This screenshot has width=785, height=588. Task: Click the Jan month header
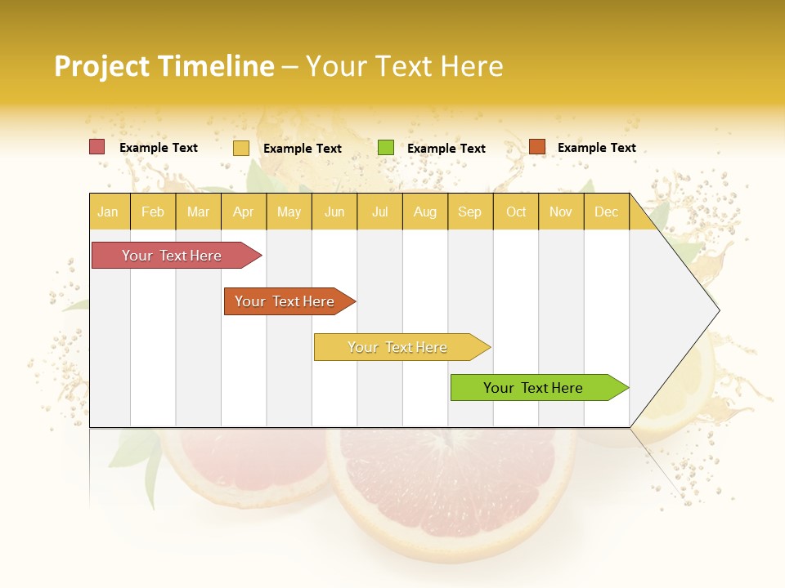108,212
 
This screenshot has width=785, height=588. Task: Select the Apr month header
244,212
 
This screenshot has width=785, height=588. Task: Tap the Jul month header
380,212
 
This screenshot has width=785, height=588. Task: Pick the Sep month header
469,212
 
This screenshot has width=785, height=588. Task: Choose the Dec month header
606,212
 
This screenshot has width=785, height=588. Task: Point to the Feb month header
153,212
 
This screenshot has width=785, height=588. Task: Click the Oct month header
516,212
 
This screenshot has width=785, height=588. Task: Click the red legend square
97,147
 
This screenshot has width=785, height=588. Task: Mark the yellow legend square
241,148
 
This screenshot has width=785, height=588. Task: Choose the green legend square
386,148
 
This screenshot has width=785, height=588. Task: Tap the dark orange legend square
536,147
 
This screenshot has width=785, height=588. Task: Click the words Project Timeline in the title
164,66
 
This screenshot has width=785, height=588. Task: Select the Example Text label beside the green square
446,149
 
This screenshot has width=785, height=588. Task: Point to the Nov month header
561,212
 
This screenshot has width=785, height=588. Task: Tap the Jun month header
334,212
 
